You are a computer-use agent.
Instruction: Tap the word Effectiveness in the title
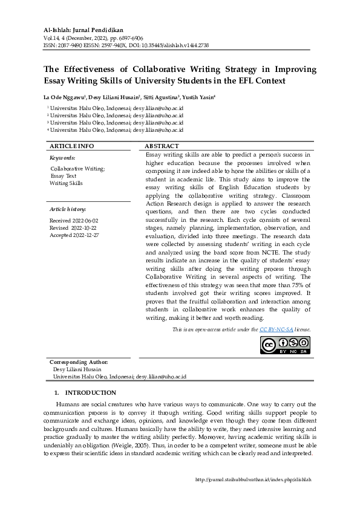(x=93, y=69)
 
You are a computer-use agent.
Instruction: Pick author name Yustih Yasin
(x=199, y=97)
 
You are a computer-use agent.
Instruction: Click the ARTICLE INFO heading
(x=71, y=147)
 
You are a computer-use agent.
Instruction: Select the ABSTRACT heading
(x=162, y=147)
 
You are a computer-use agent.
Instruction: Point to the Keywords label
(x=62, y=158)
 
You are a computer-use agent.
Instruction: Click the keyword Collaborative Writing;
(x=77, y=169)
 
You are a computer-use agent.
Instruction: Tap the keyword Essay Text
(x=64, y=176)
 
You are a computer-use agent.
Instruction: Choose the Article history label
(x=68, y=209)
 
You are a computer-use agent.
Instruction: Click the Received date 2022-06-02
(x=74, y=221)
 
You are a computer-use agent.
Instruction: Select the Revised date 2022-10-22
(x=73, y=228)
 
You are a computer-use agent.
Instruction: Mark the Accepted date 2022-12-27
(x=74, y=235)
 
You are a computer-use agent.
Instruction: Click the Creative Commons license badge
(x=285, y=345)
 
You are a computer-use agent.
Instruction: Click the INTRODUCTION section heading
(x=90, y=393)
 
